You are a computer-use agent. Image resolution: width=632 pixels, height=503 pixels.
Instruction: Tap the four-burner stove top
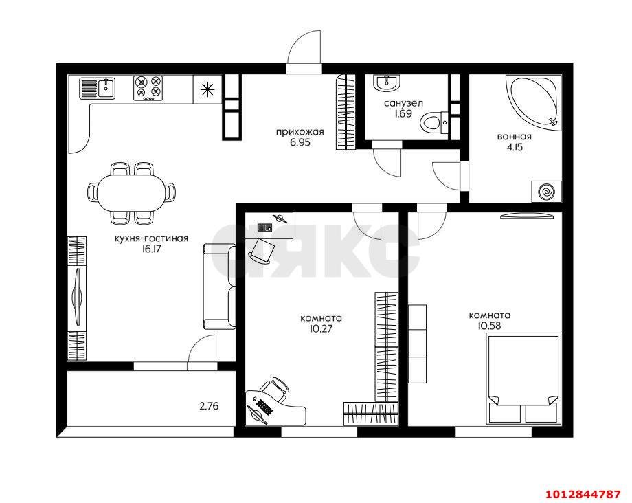(x=148, y=87)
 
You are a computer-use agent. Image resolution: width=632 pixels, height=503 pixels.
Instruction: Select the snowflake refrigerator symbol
(x=206, y=89)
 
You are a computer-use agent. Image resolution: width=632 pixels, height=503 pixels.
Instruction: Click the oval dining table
(x=131, y=192)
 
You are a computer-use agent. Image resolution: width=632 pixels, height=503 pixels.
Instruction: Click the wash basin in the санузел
(x=386, y=82)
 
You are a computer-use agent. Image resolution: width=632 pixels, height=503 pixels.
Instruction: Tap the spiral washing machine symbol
(x=546, y=192)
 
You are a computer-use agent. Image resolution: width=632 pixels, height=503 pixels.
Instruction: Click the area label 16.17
(x=151, y=250)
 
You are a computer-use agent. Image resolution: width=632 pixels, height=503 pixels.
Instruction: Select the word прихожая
(x=300, y=132)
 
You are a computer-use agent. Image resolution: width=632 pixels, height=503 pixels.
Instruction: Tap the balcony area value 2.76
(x=209, y=406)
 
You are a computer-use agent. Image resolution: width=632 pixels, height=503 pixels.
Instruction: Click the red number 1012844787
(x=583, y=494)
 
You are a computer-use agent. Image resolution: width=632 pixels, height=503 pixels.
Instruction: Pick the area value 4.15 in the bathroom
(x=514, y=147)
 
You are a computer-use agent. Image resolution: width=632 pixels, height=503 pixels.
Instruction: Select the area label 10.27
(x=321, y=329)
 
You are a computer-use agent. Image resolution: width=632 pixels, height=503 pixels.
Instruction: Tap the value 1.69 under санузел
(x=403, y=114)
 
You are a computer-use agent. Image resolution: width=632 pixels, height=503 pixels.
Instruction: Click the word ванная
(x=514, y=136)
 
